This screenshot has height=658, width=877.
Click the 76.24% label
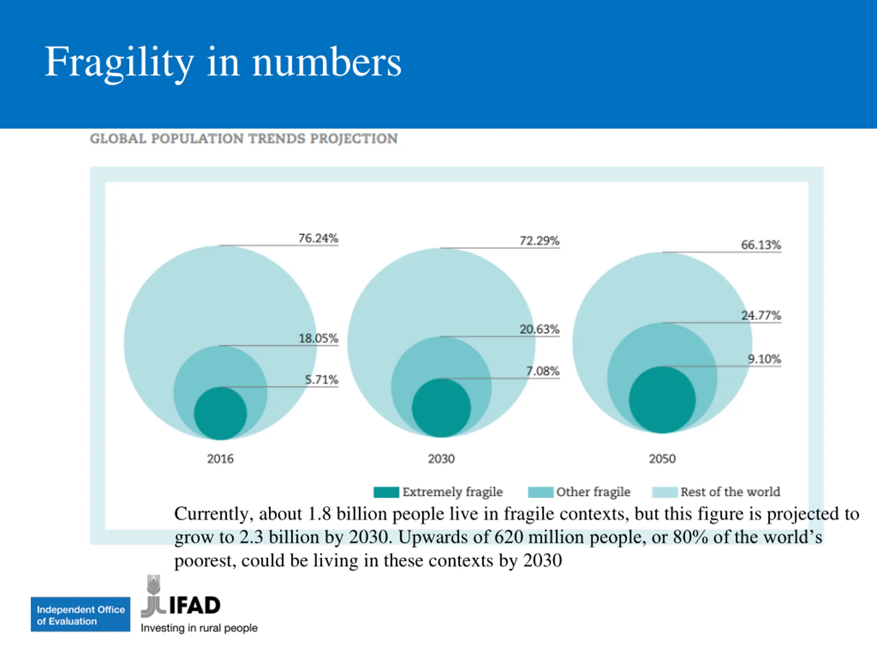tap(318, 239)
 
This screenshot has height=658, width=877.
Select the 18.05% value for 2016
tap(318, 338)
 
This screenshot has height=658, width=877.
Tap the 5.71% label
tap(321, 380)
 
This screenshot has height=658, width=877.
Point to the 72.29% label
tap(539, 241)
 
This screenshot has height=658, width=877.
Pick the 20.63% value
tap(539, 329)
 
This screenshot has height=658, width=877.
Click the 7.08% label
tap(542, 371)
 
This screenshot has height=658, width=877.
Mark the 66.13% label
tap(761, 245)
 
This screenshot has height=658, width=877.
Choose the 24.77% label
tap(761, 315)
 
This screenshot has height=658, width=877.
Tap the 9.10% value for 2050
tap(764, 359)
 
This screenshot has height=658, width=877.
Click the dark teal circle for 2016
tap(220, 413)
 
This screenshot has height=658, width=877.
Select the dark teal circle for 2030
tap(441, 408)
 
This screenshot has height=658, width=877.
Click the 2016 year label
tap(220, 459)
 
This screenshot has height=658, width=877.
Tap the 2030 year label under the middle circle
tap(441, 459)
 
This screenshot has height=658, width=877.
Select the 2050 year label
tap(662, 459)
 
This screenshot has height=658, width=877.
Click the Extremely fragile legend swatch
tap(386, 492)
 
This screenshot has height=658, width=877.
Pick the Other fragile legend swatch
tap(540, 492)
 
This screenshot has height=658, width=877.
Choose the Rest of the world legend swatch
tap(665, 492)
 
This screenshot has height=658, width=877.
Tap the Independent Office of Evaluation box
tap(81, 614)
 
